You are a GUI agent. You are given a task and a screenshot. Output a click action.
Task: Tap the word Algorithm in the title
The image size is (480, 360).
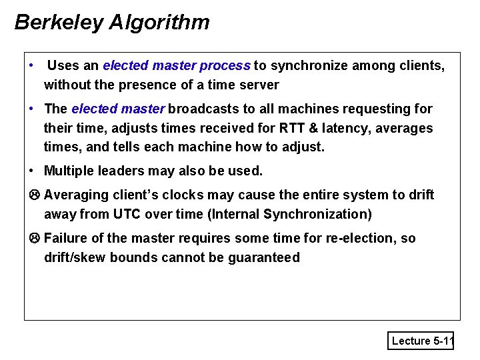click(x=159, y=23)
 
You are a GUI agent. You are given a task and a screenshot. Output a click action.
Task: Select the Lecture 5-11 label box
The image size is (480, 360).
click(x=422, y=341)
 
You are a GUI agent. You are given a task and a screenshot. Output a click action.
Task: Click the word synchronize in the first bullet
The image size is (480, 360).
click(x=305, y=66)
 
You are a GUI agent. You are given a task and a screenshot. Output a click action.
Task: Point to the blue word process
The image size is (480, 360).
click(x=225, y=66)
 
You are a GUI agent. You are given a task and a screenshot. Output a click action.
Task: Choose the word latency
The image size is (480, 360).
click(x=336, y=127)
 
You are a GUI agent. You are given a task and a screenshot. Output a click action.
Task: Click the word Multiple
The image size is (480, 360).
click(x=69, y=171)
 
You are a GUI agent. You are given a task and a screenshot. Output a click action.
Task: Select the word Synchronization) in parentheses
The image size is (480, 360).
click(x=318, y=214)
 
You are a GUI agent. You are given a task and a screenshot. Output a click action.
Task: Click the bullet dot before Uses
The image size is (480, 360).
click(x=32, y=66)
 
